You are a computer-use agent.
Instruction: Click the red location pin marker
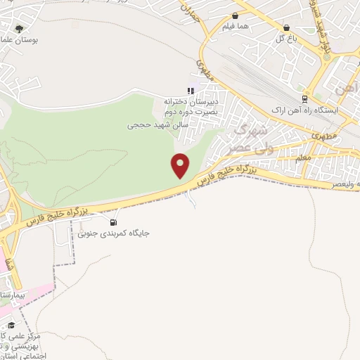click(181, 165)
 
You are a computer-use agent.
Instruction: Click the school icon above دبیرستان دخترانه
click(190, 90)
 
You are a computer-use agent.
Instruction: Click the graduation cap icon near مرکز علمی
click(11, 325)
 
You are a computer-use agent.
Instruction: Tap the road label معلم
click(304, 159)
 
